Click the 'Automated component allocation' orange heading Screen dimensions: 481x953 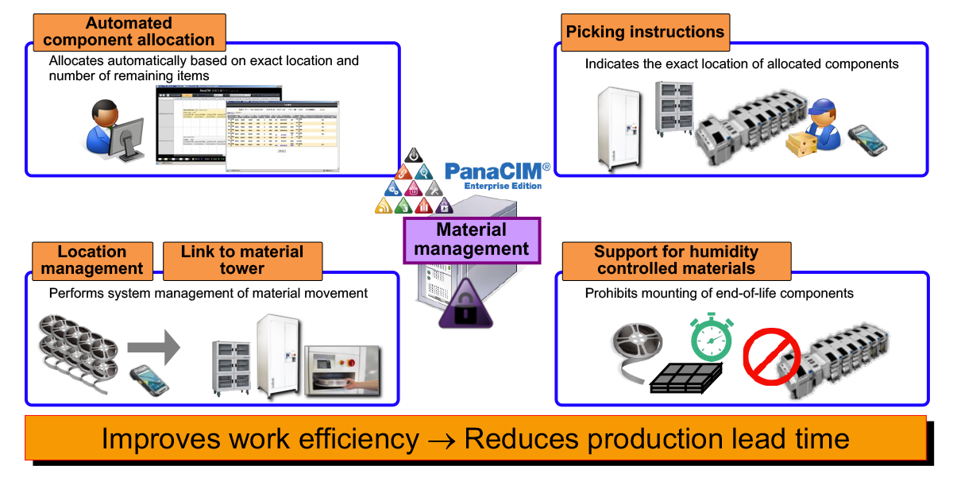point(129,32)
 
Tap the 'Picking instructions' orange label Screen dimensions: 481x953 point(645,33)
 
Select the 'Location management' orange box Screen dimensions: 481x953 point(92,260)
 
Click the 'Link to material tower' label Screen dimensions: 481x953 point(242,260)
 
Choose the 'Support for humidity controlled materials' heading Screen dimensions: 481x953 point(676,260)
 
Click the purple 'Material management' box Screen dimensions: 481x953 point(472,239)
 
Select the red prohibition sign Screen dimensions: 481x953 point(770,356)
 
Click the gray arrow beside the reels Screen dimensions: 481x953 point(153,345)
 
